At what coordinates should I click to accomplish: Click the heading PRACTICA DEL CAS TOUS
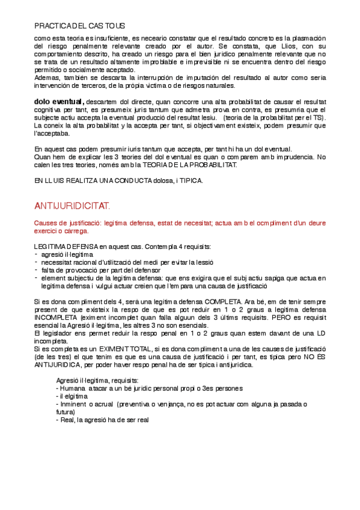coord(79,26)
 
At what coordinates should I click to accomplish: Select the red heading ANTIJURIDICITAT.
coord(72,206)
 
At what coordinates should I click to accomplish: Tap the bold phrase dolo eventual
coord(59,101)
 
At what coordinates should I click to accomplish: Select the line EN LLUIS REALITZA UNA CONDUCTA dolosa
coord(119,180)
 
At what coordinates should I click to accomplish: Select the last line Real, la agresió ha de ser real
coord(105,420)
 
